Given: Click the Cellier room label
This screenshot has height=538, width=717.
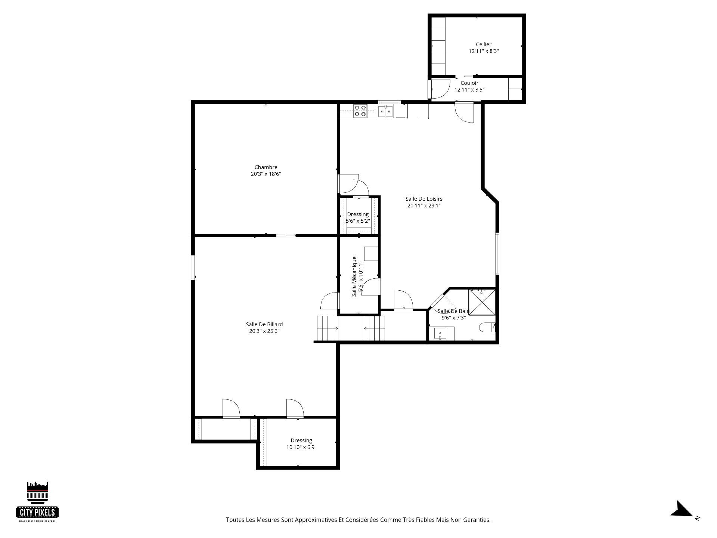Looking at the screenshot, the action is tap(484, 44).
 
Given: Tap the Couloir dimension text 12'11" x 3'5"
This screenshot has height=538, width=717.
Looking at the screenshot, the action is tap(469, 90).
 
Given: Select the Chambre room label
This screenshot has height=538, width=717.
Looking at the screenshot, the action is tap(266, 167).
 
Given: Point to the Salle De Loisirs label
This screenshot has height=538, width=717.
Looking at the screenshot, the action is tap(424, 199).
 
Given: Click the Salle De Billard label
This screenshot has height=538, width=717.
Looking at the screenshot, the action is tap(264, 324).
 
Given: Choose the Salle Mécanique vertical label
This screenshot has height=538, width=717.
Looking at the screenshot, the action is tap(354, 276).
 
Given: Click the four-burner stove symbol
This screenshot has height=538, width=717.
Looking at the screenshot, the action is tap(360, 111).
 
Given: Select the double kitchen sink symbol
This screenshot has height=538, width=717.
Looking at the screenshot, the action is tap(385, 111).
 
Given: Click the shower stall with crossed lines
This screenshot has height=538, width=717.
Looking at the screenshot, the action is tap(482, 302).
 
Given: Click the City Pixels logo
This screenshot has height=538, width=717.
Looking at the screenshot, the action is tap(38, 501).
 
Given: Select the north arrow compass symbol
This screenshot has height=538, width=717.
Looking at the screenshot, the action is tap(683, 520).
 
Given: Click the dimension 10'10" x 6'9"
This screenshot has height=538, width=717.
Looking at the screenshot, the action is tap(301, 447).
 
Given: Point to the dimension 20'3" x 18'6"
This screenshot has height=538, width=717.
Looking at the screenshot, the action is tap(266, 174).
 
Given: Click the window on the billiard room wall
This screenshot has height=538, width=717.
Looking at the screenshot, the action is tap(193, 267).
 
